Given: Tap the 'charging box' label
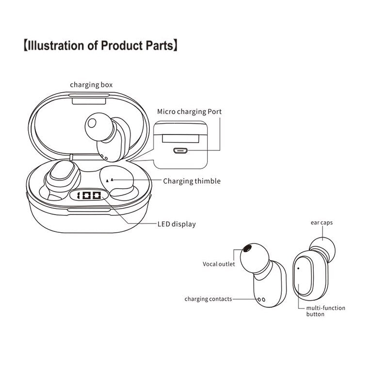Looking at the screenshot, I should click(x=91, y=85).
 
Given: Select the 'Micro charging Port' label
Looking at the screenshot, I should click(x=189, y=112).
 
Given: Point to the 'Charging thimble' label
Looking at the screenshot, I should click(x=192, y=181).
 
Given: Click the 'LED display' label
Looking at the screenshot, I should click(x=177, y=224).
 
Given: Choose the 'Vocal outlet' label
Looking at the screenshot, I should click(x=219, y=264).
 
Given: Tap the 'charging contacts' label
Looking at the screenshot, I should click(x=208, y=299).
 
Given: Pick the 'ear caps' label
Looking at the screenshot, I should click(x=322, y=223).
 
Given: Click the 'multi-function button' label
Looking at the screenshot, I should click(x=325, y=311).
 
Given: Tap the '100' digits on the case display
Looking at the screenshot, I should click(x=88, y=196).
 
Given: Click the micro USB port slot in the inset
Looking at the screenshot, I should click(x=181, y=150).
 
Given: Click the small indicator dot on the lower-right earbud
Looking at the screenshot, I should click(x=298, y=267).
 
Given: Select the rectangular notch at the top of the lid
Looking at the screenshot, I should click(x=91, y=101).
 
